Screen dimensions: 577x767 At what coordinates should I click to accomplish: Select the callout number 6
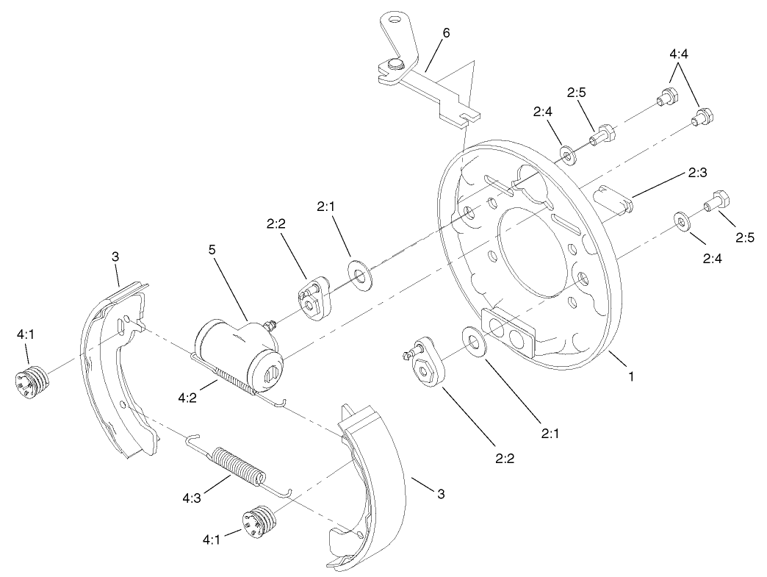point(447,32)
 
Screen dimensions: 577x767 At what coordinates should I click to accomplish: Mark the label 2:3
point(697,173)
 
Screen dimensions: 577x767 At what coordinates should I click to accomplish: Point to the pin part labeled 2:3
point(613,198)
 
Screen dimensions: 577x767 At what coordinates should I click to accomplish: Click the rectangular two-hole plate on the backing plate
point(509,331)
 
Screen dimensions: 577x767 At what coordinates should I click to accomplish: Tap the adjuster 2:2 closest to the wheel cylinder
point(313,298)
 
